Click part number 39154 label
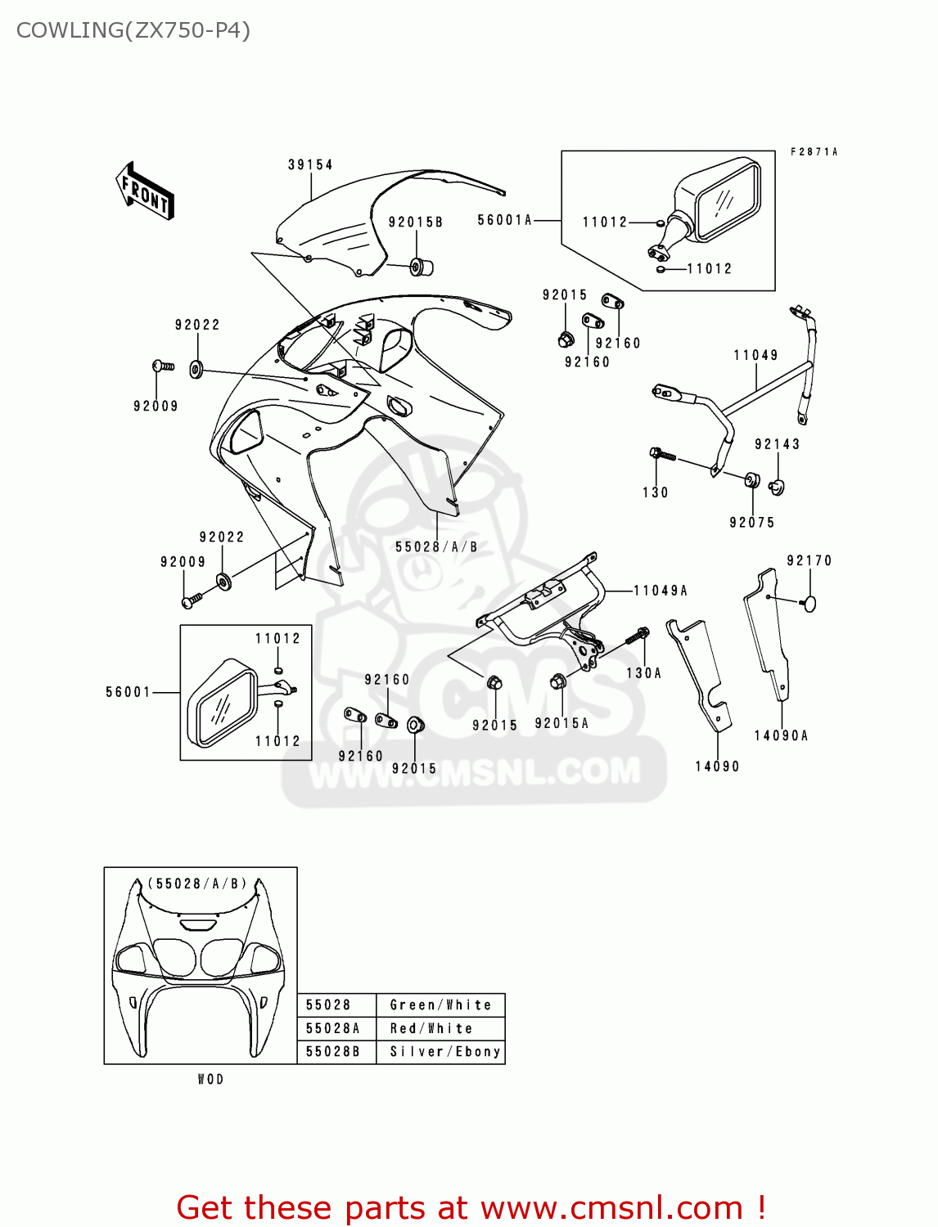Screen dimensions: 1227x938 [310, 164]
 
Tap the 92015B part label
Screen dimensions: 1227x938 [415, 222]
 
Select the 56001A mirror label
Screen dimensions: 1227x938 [505, 220]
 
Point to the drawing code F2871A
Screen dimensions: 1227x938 [814, 152]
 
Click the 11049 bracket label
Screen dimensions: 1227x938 [755, 355]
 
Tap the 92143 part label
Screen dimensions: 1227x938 [777, 444]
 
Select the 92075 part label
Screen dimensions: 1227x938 [751, 522]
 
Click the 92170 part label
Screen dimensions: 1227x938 [809, 560]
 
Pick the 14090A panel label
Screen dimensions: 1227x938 [781, 735]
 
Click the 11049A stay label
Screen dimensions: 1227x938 [661, 591]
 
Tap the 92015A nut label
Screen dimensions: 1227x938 [561, 723]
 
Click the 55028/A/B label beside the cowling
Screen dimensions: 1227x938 [436, 546]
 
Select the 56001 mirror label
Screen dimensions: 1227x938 [129, 692]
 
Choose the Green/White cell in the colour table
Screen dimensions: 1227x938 [440, 1005]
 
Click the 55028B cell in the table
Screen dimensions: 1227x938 [333, 1052]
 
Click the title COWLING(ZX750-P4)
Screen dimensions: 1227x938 [133, 30]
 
